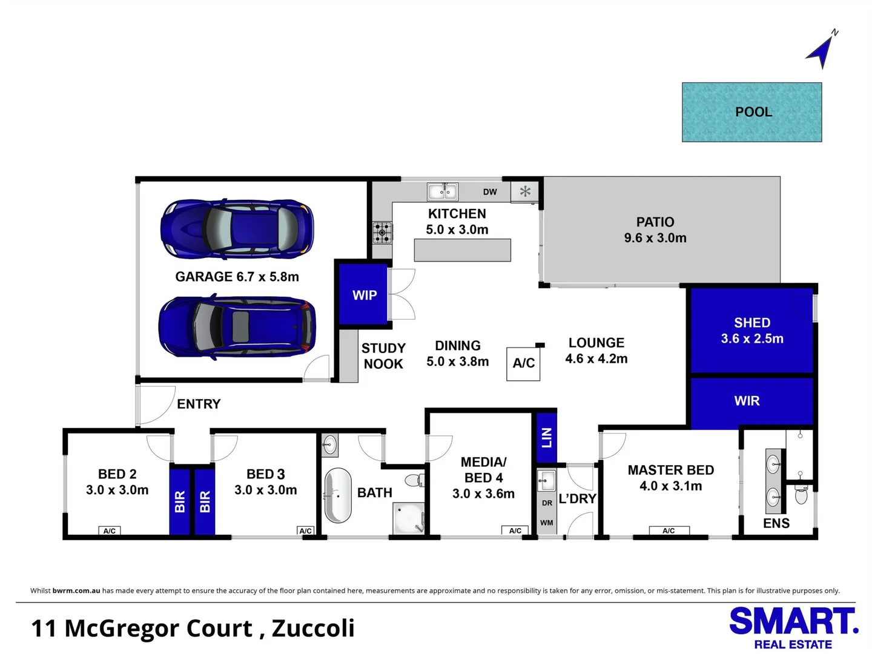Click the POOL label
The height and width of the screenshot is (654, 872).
coord(753,112)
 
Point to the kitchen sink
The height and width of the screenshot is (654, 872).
coord(442,192)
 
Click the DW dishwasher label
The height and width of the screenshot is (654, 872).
coord(490,192)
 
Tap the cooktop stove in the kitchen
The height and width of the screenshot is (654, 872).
coord(382,233)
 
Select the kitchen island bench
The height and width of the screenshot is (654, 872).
coord(462,250)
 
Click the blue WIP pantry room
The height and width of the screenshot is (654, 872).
coord(363,295)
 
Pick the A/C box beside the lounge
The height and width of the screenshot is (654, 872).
coord(523,363)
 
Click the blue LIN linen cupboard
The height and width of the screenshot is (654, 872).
coord(546,437)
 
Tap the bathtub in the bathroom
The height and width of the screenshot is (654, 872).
coord(338,495)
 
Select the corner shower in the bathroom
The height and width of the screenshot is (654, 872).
coord(409,520)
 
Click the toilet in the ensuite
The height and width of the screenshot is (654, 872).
coord(801,495)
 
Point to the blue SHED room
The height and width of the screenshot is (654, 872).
coord(751,331)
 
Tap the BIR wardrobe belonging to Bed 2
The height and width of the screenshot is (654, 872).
coord(180,501)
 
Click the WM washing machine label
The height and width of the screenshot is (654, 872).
coord(546,523)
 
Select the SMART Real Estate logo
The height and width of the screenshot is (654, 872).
coord(793,627)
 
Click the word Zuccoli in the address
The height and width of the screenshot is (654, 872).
coord(313,629)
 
